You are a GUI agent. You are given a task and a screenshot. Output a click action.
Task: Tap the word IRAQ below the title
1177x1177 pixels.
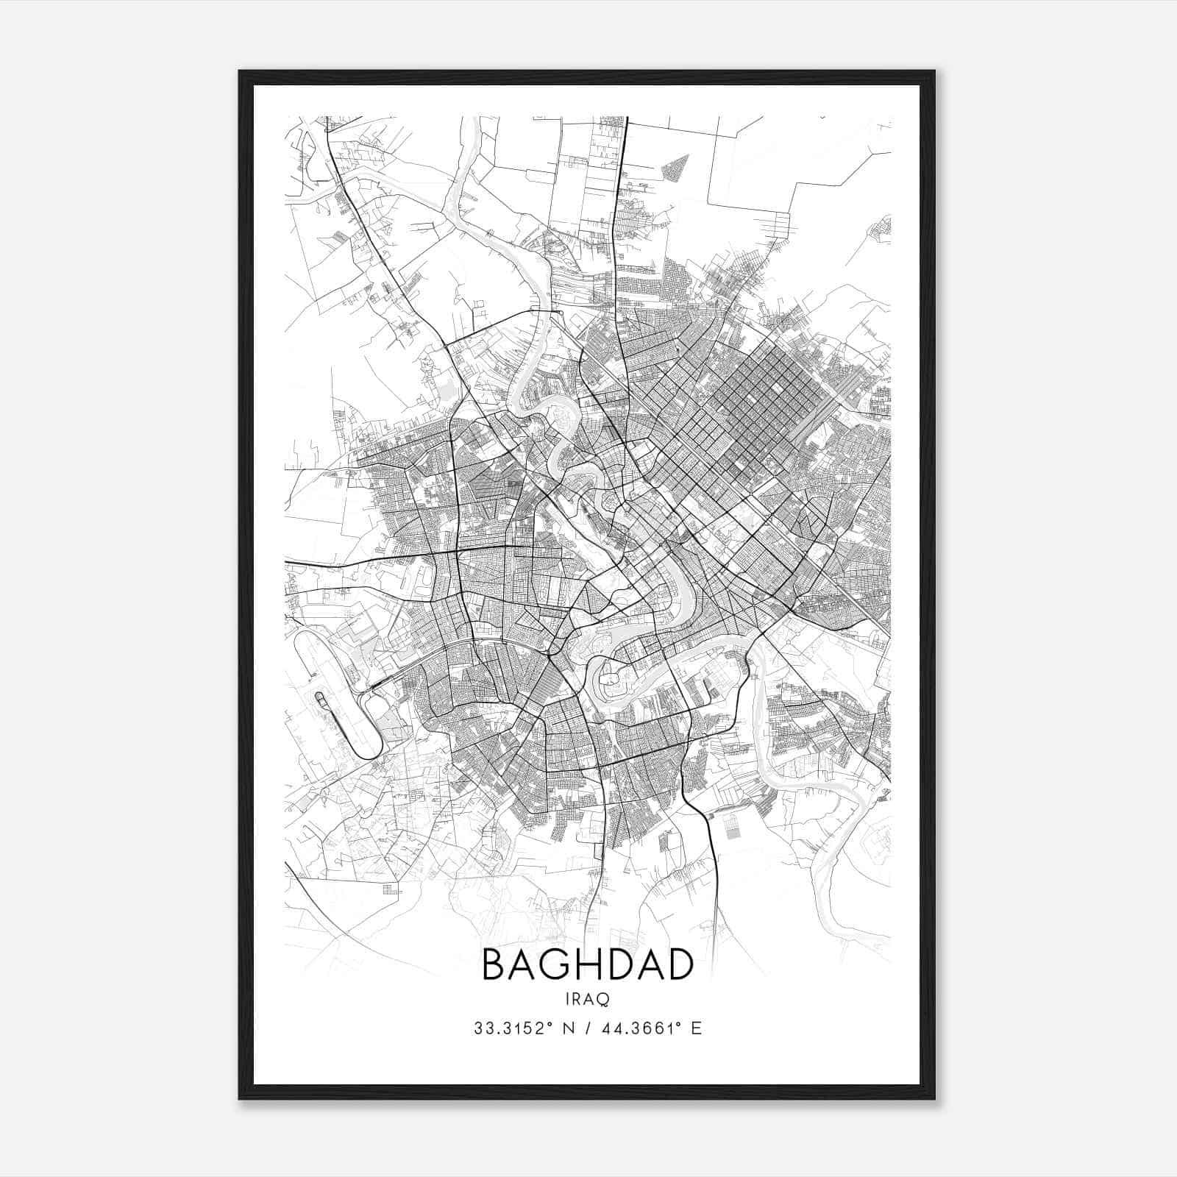tap(588, 999)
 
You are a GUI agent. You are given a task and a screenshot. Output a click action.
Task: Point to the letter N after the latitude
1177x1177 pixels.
tap(568, 1028)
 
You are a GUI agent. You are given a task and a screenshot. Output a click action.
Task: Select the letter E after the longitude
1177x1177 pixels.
tap(697, 1028)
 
